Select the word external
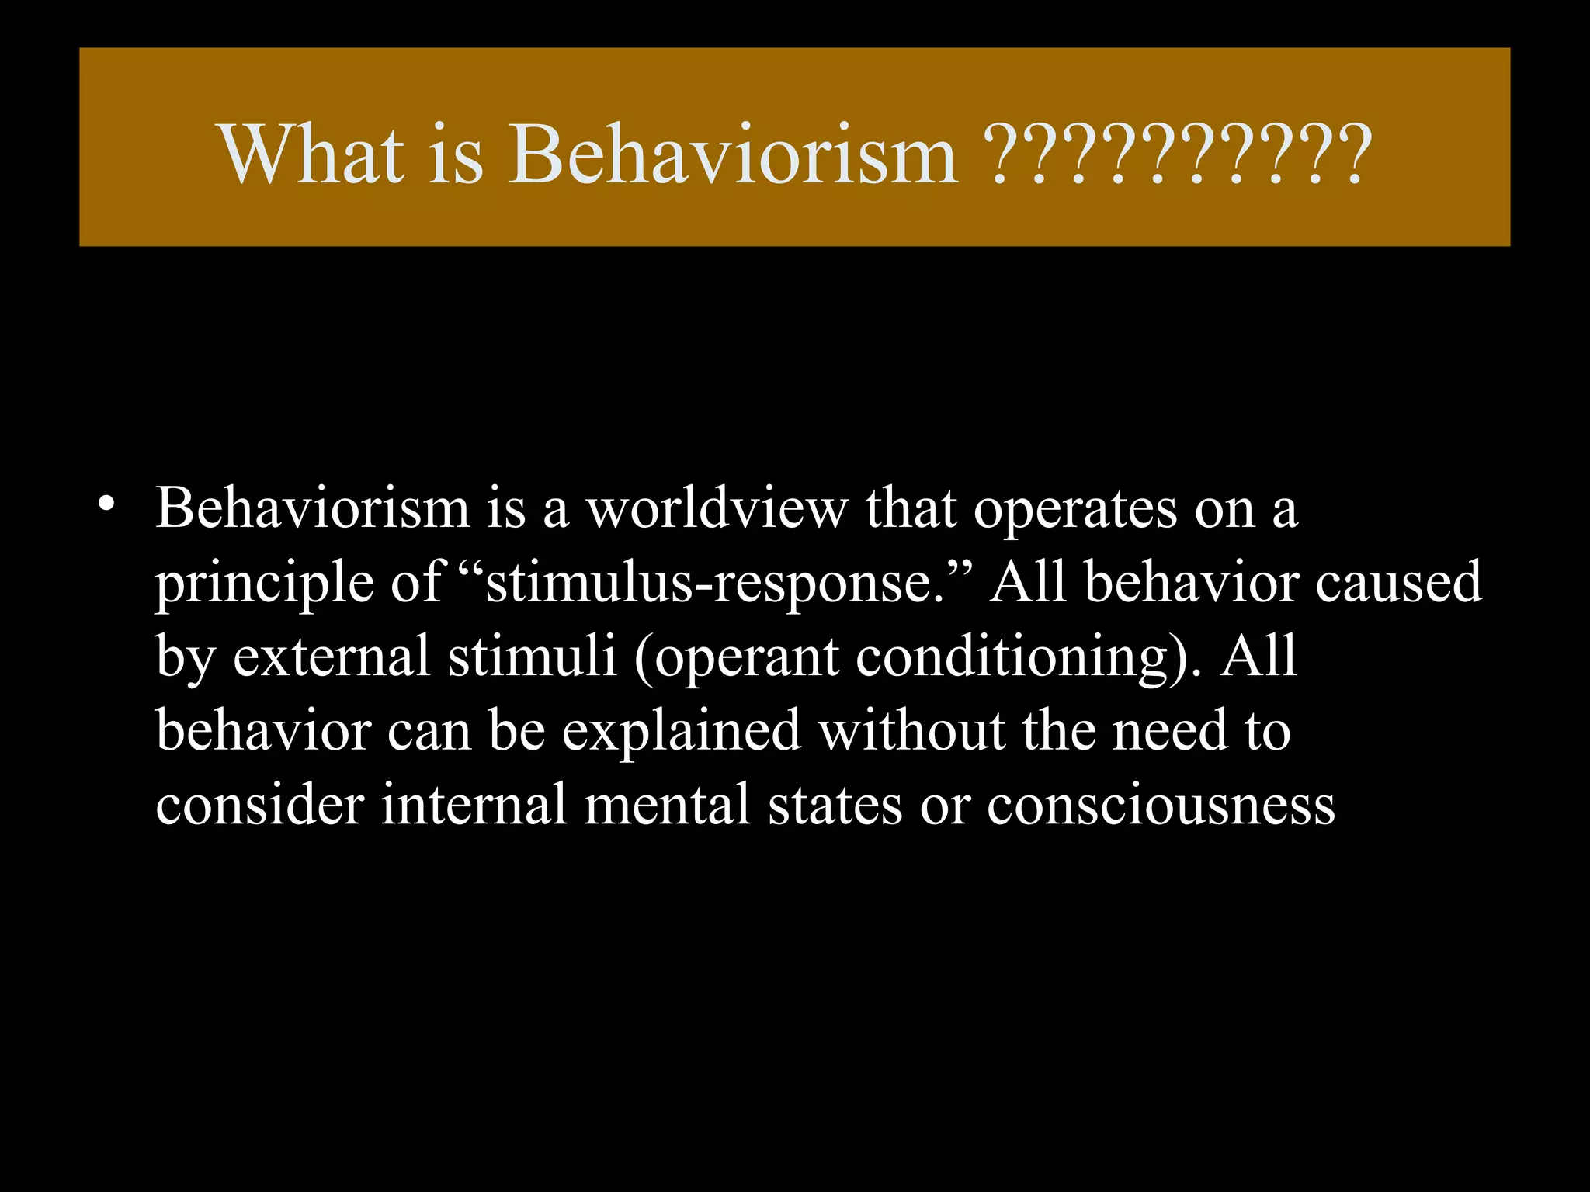point(332,657)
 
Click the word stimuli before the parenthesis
point(532,657)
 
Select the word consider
point(259,805)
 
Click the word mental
point(667,805)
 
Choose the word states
point(835,805)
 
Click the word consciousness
point(1161,805)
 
